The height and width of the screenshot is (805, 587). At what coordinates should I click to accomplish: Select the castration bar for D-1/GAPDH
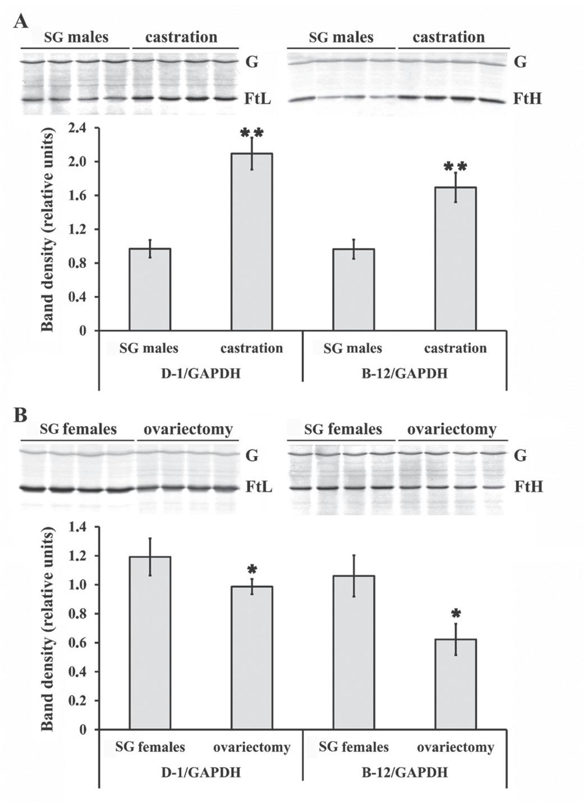pos(251,242)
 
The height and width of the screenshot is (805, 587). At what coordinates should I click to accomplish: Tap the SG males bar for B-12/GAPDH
pos(354,289)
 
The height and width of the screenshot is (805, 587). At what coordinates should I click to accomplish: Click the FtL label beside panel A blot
pos(259,99)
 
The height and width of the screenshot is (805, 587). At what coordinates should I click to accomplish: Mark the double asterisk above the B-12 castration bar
pos(455,166)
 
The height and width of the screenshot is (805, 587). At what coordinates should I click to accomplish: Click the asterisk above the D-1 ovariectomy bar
pos(251,568)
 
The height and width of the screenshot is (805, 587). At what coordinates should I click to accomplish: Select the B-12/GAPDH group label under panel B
pos(404,772)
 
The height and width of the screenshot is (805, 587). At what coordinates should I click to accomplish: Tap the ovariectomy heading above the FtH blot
pos(452,430)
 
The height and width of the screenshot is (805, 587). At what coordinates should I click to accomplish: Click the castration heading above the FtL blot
pos(181,37)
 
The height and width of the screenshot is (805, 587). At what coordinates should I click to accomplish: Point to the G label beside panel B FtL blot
pos(252,456)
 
